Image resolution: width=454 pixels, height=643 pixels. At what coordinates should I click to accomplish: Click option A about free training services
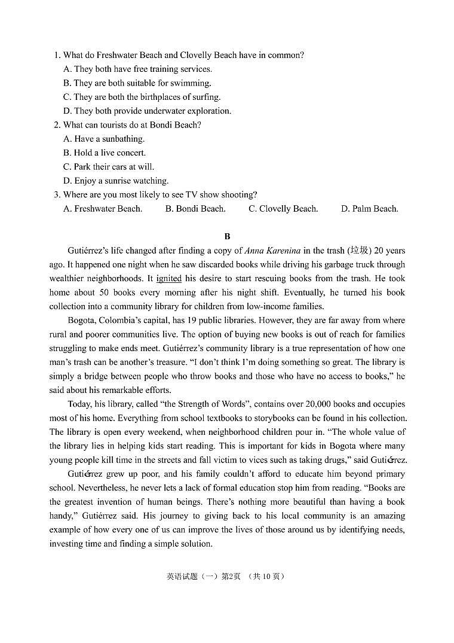137,69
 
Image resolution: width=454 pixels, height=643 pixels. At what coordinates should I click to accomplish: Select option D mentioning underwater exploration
147,111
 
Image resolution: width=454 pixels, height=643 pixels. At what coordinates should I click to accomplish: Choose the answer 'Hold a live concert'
105,153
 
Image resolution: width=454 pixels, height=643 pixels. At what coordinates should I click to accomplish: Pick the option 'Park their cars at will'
108,167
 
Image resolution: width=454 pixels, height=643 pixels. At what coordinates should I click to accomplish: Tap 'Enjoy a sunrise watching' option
116,181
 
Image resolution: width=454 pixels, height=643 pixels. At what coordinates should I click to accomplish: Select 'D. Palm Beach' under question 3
369,209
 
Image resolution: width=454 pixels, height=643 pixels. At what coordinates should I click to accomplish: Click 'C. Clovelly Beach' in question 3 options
283,209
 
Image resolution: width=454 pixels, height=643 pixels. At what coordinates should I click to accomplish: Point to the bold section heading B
227,237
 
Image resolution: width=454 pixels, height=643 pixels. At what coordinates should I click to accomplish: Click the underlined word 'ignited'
168,279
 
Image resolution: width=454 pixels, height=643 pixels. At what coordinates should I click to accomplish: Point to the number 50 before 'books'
94,292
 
